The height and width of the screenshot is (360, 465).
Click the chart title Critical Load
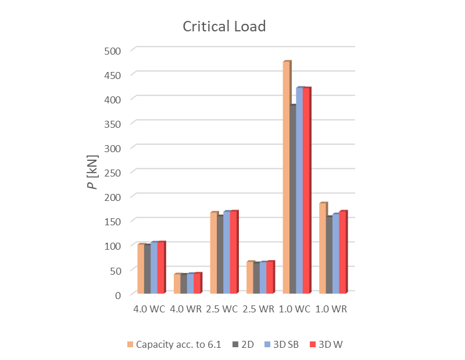pyautogui.click(x=224, y=27)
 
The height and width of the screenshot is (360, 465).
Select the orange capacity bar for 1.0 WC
pyautogui.click(x=287, y=177)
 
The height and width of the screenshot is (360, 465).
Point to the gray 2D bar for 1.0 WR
pyautogui.click(x=329, y=255)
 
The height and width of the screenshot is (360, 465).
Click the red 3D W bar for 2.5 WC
pyautogui.click(x=234, y=252)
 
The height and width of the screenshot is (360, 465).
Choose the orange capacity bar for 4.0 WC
pyautogui.click(x=141, y=269)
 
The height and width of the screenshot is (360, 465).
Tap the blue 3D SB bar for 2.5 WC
pyautogui.click(x=227, y=252)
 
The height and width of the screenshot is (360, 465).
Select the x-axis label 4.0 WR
pyautogui.click(x=185, y=309)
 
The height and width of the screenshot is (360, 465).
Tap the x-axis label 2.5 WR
pyautogui.click(x=259, y=309)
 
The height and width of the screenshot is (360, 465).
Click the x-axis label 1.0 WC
pyautogui.click(x=295, y=309)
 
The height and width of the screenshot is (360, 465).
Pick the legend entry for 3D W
pyautogui.click(x=329, y=345)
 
